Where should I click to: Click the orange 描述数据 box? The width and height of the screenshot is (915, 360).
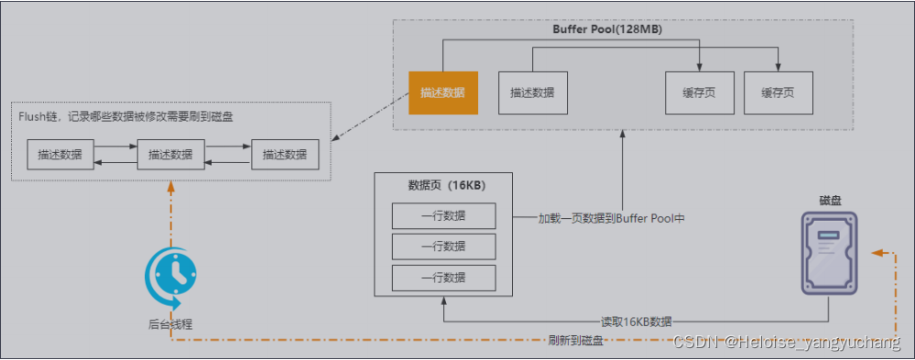[442, 93]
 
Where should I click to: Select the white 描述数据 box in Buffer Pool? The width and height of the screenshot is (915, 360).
[533, 93]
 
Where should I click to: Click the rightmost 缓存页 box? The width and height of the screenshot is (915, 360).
[777, 93]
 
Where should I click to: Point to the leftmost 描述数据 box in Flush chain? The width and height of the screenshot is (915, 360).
[60, 154]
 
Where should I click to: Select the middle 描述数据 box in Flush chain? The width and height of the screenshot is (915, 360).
[170, 154]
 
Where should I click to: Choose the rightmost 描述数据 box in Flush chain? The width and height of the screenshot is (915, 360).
[285, 154]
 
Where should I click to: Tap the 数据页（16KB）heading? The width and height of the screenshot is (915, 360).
[446, 185]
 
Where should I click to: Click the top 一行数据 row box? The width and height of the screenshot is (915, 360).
[443, 216]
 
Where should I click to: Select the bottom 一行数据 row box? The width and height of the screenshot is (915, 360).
[443, 278]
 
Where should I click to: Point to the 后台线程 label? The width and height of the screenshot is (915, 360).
[170, 322]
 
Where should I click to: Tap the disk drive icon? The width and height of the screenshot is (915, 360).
[830, 252]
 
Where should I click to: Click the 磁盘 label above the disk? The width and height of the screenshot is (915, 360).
[832, 199]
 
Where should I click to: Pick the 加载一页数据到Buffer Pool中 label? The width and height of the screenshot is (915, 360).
[612, 219]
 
